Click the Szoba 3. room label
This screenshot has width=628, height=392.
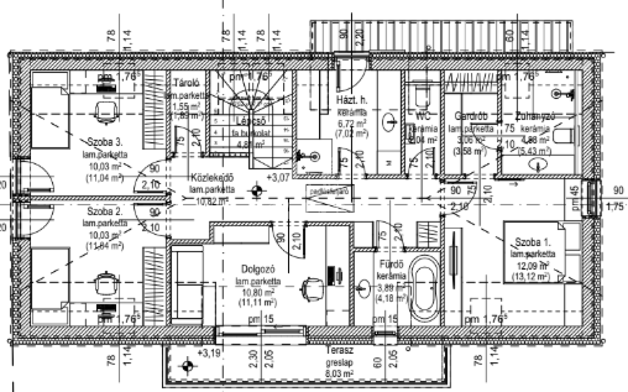(x=105, y=142)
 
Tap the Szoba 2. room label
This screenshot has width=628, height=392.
(x=105, y=212)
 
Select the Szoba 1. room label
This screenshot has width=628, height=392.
(x=533, y=242)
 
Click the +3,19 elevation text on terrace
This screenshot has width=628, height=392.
(x=209, y=352)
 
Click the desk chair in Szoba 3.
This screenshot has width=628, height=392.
(x=105, y=111)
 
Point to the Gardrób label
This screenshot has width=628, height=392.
(x=471, y=117)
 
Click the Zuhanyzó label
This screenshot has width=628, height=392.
(x=535, y=117)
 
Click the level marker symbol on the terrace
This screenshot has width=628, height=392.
(x=186, y=366)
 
